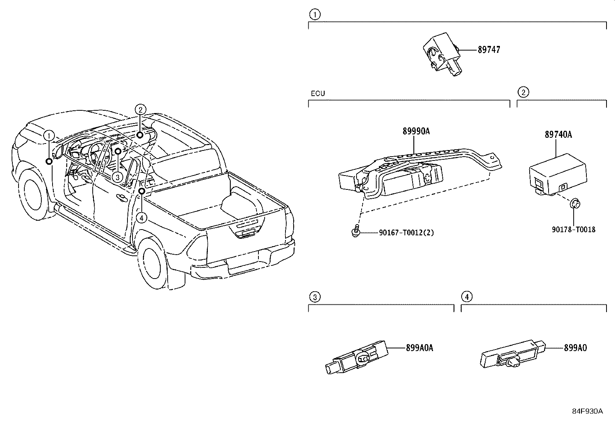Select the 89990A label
[416, 132]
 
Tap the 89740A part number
[558, 135]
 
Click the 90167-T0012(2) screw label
[401, 233]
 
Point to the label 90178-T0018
[573, 230]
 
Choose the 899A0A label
[419, 348]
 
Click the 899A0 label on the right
[575, 348]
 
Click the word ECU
[318, 93]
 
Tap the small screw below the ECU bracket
[356, 231]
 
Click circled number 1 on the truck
[49, 136]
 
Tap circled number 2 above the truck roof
[140, 110]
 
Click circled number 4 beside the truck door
[142, 218]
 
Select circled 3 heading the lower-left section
[315, 297]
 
